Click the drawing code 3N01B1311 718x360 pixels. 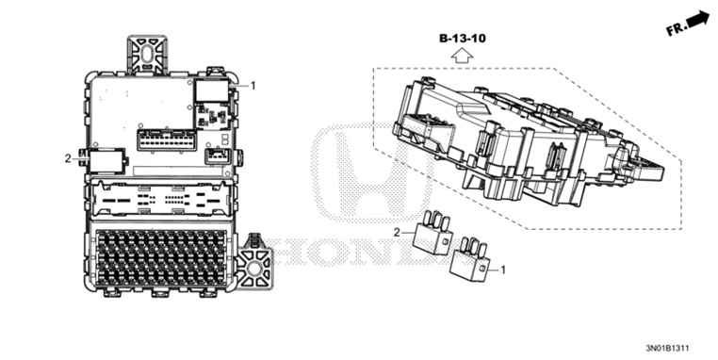(676, 348)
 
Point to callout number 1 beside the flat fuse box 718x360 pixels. (253, 86)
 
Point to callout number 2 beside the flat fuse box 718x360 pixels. (68, 157)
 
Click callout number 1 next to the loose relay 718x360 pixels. (502, 270)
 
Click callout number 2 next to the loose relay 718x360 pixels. (398, 231)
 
